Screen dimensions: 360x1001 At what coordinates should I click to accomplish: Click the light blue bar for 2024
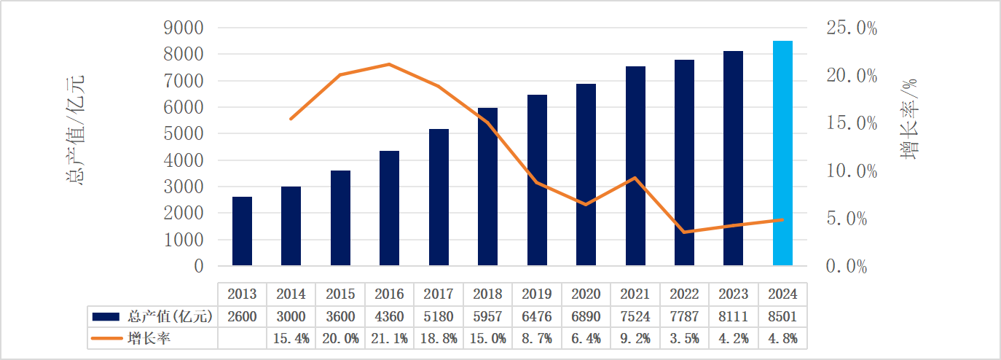(x=782, y=153)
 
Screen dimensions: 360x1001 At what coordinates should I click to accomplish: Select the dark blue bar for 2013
(x=242, y=231)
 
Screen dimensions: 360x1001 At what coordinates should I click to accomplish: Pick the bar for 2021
(x=635, y=166)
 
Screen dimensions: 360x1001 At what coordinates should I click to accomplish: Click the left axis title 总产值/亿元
(x=74, y=128)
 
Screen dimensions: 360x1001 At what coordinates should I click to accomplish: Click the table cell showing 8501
(x=782, y=316)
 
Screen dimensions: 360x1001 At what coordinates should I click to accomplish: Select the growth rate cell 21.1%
(x=389, y=338)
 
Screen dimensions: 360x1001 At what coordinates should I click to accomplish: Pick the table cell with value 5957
(x=487, y=316)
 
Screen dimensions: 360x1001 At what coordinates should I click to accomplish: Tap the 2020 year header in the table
(x=586, y=294)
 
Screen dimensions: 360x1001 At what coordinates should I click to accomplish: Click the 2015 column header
(x=340, y=294)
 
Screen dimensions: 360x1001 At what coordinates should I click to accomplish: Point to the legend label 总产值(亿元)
(x=169, y=316)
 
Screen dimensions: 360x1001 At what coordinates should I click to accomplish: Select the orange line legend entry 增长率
(x=149, y=338)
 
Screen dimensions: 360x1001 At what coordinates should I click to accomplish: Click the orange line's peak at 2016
(x=389, y=64)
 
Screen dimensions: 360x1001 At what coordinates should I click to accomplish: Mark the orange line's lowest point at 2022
(x=684, y=232)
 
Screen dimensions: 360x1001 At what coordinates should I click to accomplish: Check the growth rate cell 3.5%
(x=684, y=338)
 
